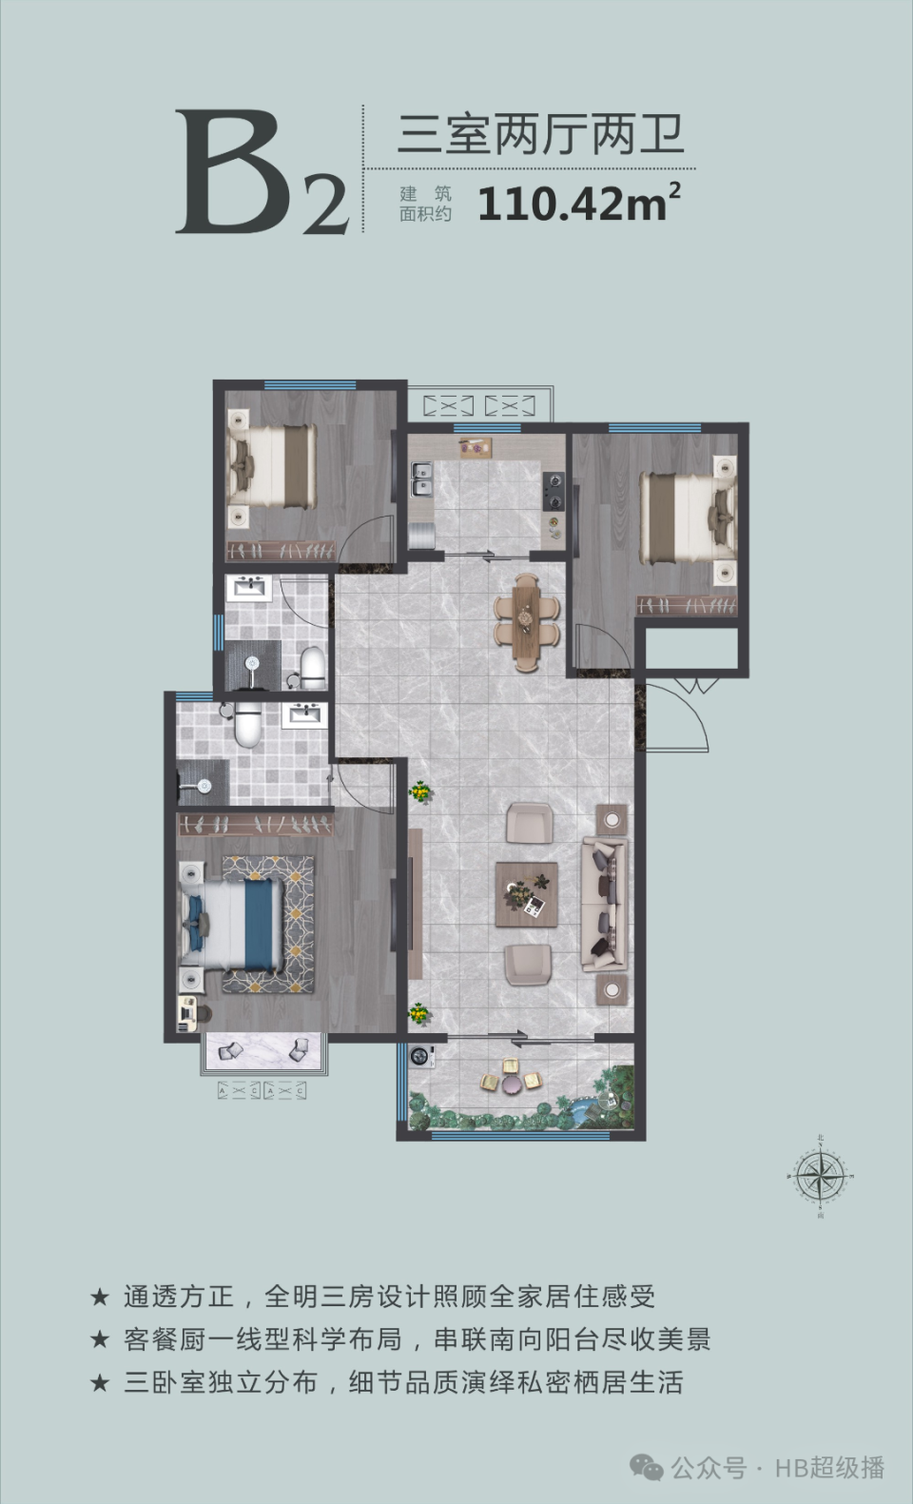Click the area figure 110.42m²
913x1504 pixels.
click(x=579, y=202)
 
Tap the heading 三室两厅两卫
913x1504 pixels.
click(x=540, y=135)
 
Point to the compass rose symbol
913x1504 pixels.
click(x=820, y=1177)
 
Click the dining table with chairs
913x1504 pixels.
click(x=526, y=622)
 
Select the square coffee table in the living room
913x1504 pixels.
click(x=526, y=894)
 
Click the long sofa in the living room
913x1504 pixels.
click(x=605, y=903)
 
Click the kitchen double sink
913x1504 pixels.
click(x=421, y=479)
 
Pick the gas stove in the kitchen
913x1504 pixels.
click(x=554, y=491)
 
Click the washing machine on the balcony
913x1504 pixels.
click(x=421, y=1056)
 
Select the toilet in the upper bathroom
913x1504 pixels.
click(x=311, y=668)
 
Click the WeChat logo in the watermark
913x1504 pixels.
click(x=647, y=1469)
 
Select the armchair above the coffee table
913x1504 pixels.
click(x=529, y=823)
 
